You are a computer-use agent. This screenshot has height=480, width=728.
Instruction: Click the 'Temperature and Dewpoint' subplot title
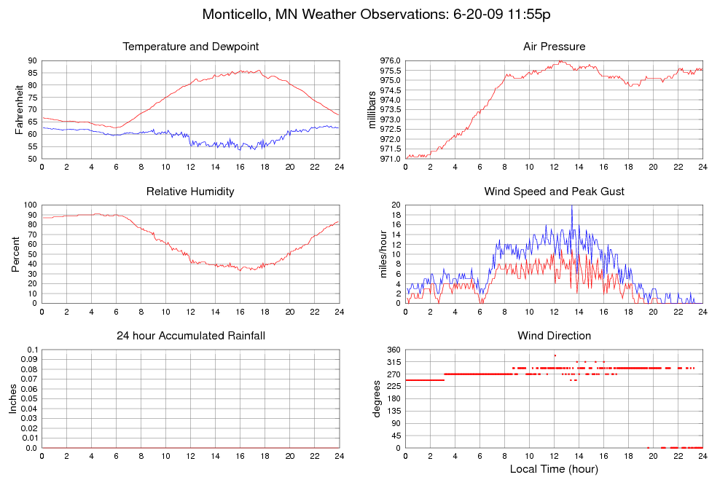pyautogui.click(x=191, y=47)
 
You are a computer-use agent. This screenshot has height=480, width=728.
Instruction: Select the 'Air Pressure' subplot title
pyautogui.click(x=554, y=47)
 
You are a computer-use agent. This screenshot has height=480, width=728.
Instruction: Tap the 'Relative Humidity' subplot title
pyautogui.click(x=191, y=192)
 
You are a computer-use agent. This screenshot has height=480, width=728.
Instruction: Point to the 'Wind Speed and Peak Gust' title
pyautogui.click(x=554, y=192)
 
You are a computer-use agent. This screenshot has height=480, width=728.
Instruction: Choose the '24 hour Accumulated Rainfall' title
pyautogui.click(x=191, y=336)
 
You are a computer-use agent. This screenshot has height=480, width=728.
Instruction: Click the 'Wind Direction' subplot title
pyautogui.click(x=554, y=336)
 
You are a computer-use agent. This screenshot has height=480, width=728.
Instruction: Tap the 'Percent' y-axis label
pyautogui.click(x=15, y=254)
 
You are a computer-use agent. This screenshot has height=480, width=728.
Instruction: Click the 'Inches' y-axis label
pyautogui.click(x=12, y=398)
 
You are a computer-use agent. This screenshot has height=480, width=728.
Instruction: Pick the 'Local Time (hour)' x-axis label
pyautogui.click(x=554, y=469)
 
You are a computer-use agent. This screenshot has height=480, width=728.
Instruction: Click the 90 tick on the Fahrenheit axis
pyautogui.click(x=32, y=60)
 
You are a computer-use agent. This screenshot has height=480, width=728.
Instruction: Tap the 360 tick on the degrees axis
pyautogui.click(x=393, y=350)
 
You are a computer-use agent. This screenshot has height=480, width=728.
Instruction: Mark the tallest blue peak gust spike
pyautogui.click(x=571, y=207)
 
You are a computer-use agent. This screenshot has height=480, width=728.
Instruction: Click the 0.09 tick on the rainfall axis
pyautogui.click(x=29, y=360)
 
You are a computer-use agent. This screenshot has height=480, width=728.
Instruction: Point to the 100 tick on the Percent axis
pyautogui.click(x=30, y=205)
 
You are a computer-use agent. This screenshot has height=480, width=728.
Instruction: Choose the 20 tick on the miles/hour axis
pyautogui.click(x=396, y=205)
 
